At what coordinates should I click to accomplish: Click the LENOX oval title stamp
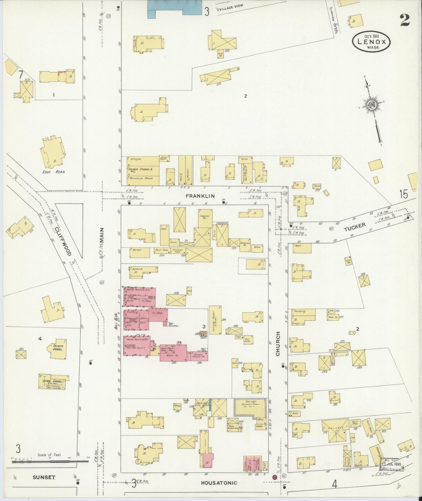coord(371,42)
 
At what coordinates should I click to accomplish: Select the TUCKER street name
coord(355,227)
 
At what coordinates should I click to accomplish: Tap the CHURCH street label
coord(278,344)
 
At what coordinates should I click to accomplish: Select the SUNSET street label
coord(44,477)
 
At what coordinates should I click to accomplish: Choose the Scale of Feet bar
coord(50,462)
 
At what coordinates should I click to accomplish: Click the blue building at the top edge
coord(175,8)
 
